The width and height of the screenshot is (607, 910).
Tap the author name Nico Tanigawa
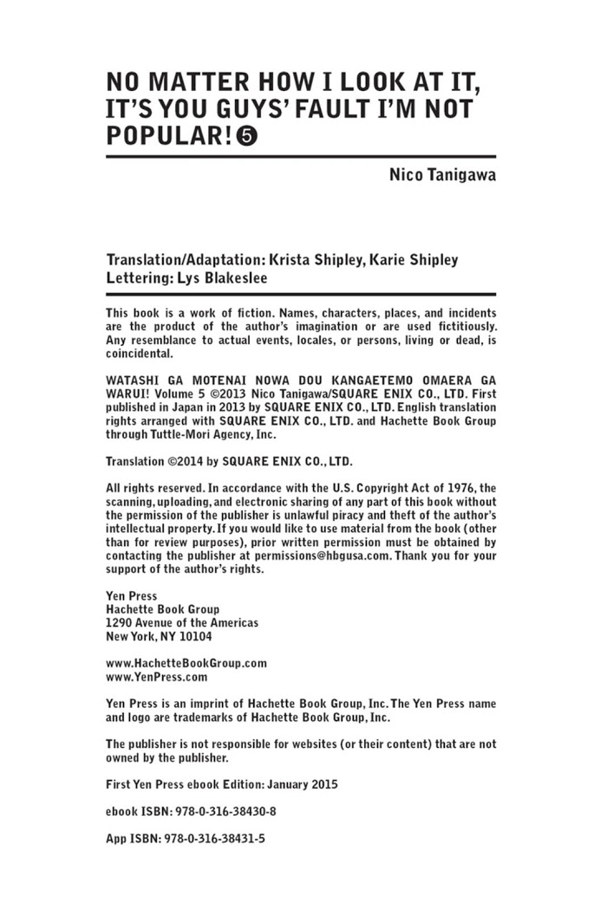(x=442, y=177)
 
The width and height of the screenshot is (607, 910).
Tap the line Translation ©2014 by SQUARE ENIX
(x=229, y=462)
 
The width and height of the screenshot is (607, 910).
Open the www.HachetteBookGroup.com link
(x=186, y=663)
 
